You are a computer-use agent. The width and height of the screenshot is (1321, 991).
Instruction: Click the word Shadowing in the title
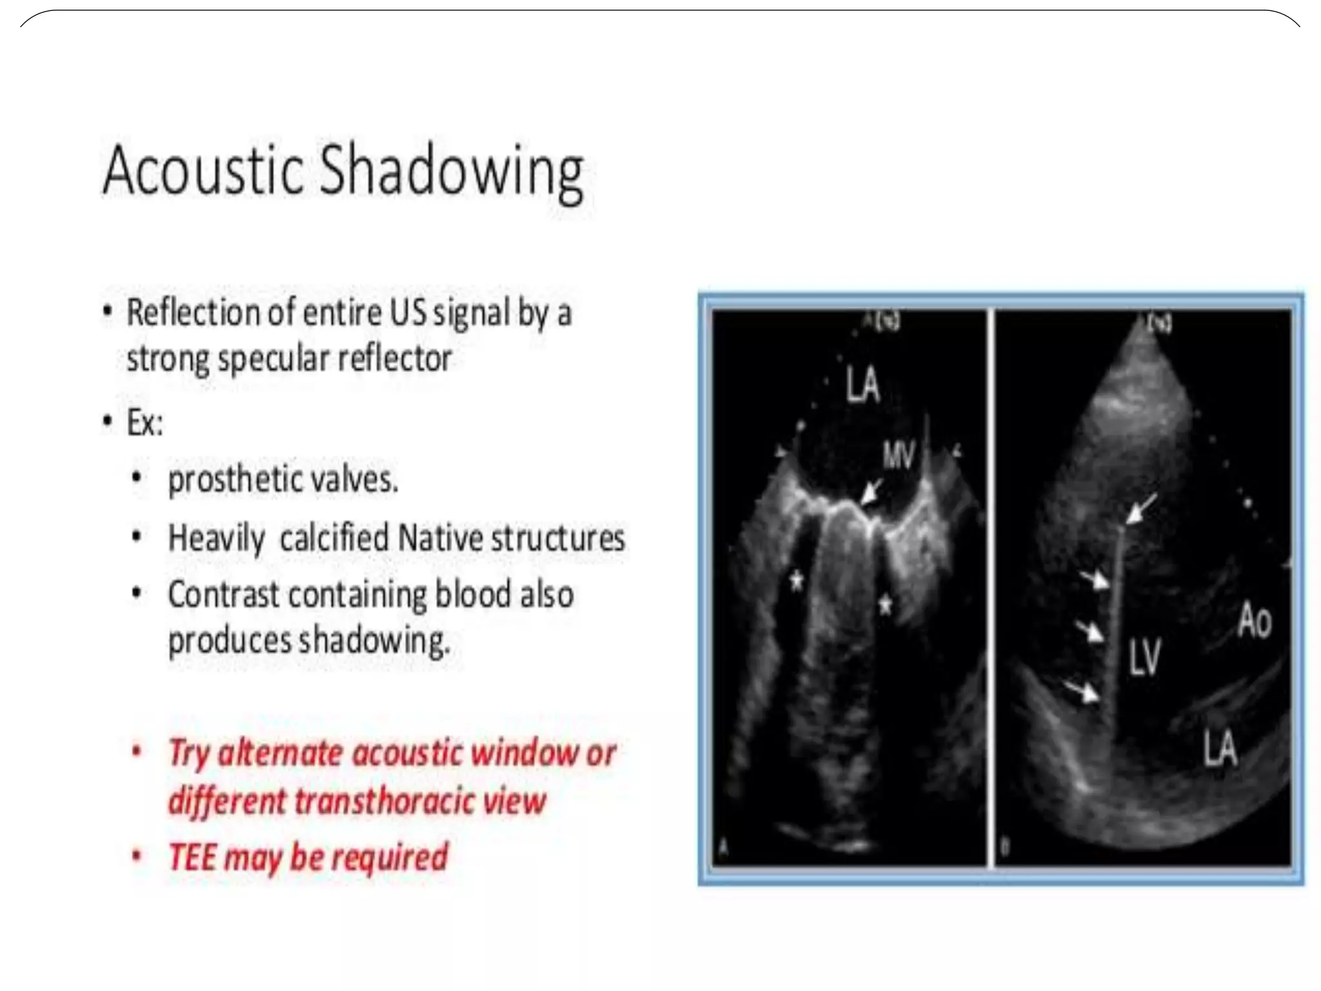coord(452,171)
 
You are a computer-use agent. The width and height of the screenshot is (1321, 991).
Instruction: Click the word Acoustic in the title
coord(203,171)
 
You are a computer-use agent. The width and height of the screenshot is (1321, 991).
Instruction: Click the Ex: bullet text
coord(144,424)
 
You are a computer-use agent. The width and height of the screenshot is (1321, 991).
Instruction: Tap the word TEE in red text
coord(192,857)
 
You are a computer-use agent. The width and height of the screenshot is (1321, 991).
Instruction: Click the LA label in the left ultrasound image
coord(862,385)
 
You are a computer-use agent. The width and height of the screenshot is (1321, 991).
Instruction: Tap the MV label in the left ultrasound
coord(899,456)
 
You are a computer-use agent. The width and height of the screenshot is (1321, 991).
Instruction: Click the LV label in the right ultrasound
coord(1144,656)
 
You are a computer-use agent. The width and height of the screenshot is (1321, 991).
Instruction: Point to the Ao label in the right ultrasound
coord(1254,621)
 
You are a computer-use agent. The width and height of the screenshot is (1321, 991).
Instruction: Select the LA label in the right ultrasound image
coord(1219,748)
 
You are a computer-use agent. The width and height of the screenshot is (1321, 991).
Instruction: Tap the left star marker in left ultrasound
coord(797,581)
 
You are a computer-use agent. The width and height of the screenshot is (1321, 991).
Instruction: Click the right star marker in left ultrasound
coord(886,605)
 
